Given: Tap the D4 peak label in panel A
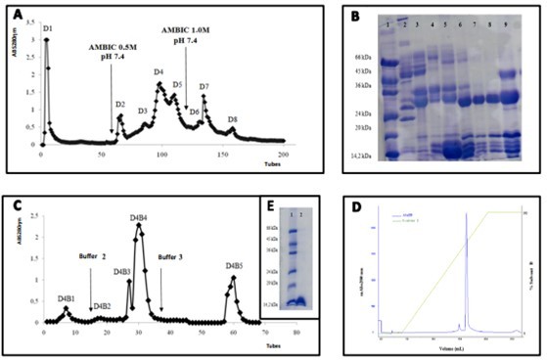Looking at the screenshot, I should point(159,72).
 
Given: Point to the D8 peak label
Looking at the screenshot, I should point(232,119).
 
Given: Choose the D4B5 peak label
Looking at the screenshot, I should point(234,265).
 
